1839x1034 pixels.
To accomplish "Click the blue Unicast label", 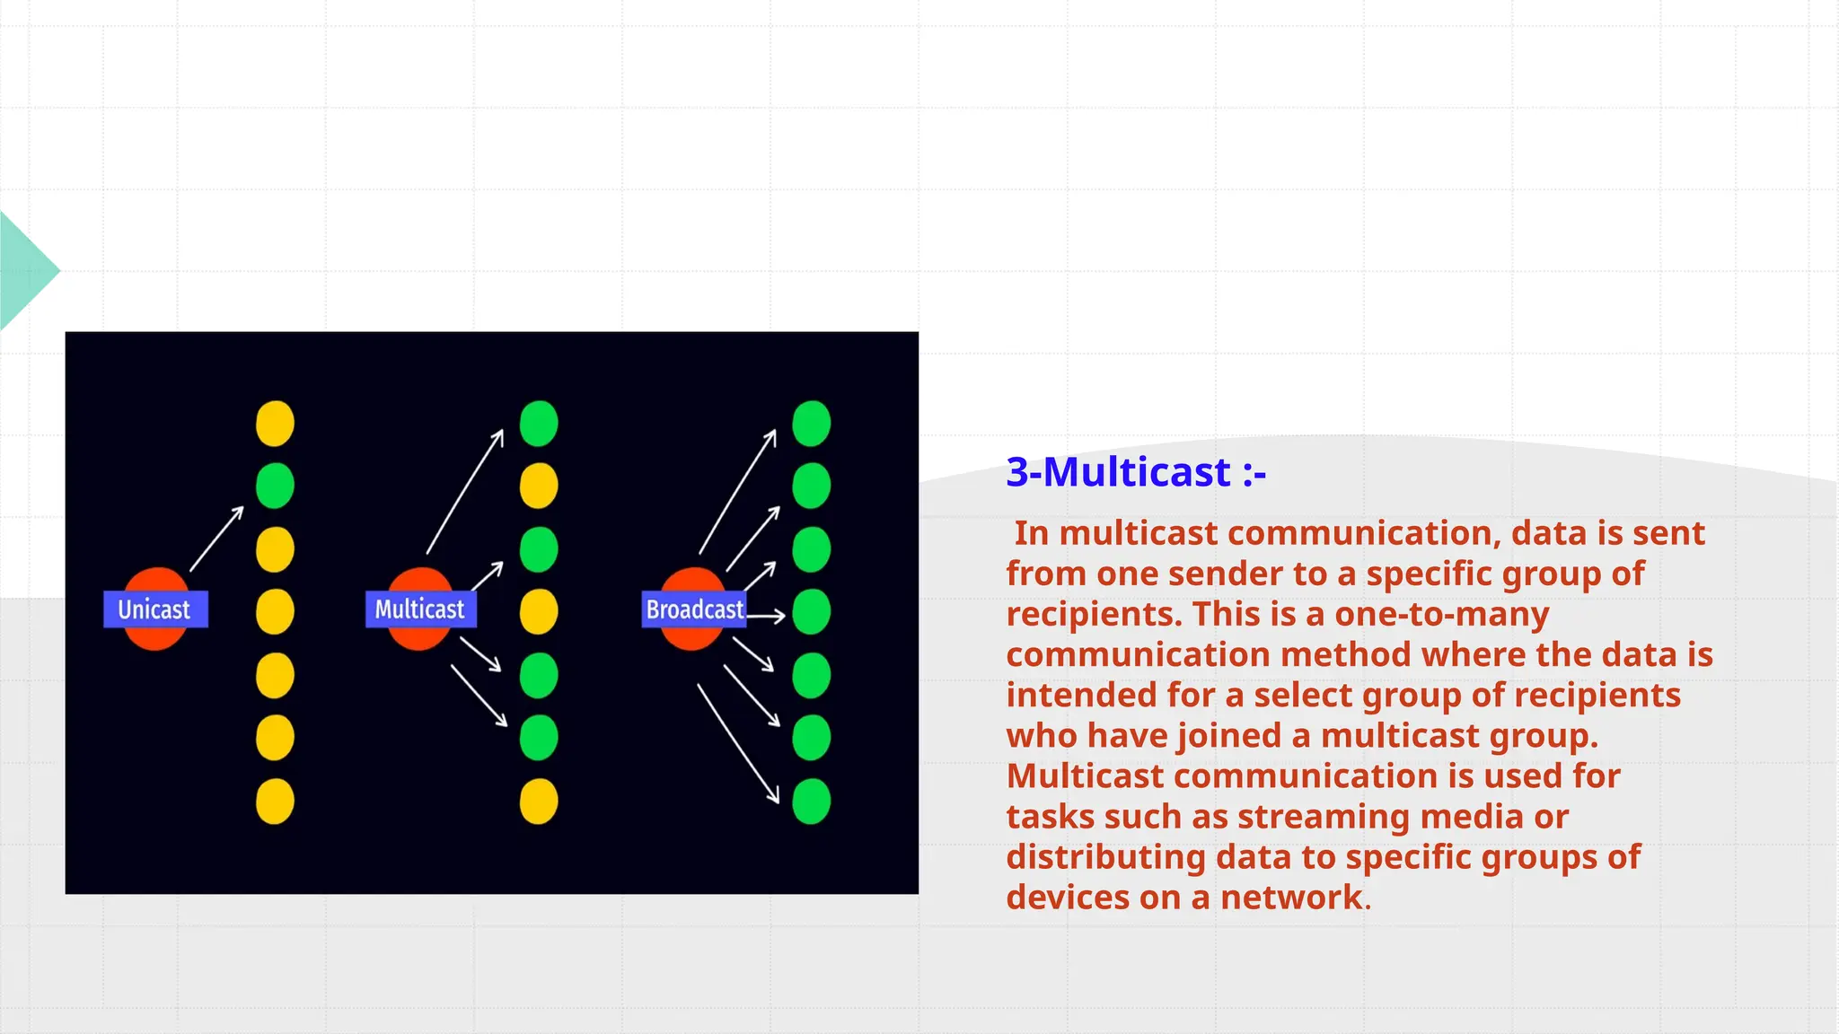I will pos(154,609).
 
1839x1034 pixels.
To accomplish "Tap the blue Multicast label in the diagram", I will pos(420,609).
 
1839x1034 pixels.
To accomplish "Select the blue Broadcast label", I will pos(694,609).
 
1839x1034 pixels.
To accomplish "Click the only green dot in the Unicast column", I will pos(275,486).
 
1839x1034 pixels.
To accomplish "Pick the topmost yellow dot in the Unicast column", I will pos(275,424).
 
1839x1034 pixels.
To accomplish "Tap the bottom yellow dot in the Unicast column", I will pos(275,801).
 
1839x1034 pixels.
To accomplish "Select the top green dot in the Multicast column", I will pos(539,424).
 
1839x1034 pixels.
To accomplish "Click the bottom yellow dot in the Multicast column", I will pos(539,801).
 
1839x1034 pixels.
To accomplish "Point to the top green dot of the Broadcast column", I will pos(811,424).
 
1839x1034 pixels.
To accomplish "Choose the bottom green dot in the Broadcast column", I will pos(811,801).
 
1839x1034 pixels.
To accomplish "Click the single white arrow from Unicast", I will pos(216,539).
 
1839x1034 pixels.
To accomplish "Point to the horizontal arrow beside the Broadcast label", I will pos(766,616).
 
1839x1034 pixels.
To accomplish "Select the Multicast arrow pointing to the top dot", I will pos(465,491).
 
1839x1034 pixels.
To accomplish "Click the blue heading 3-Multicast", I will pos(1135,472).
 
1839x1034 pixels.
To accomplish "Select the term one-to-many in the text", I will pos(1441,614).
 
